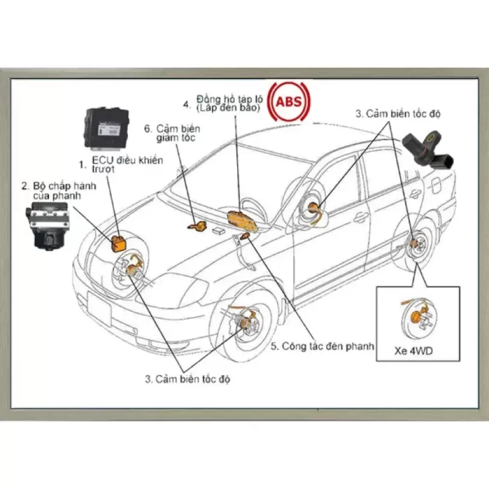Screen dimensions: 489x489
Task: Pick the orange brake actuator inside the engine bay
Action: (x=118, y=242)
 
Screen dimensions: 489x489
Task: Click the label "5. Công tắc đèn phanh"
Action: (x=322, y=347)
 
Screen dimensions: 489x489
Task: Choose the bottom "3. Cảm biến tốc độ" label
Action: (x=187, y=379)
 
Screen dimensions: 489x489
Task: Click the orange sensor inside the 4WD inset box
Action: (x=415, y=316)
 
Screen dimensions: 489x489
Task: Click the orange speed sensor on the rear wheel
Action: (x=415, y=245)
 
